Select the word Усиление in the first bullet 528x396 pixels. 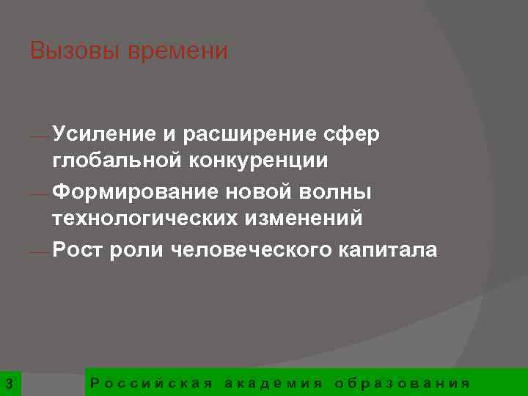(x=103, y=134)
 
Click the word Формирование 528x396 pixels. (x=124, y=191)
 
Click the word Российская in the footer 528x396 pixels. (x=150, y=383)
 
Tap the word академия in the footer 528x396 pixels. (x=274, y=383)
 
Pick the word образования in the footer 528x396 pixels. (x=401, y=383)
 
